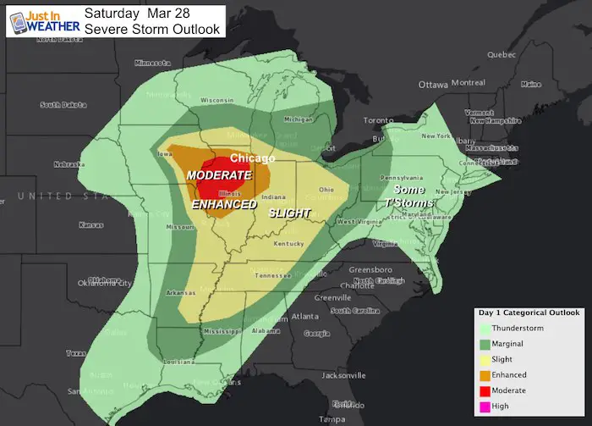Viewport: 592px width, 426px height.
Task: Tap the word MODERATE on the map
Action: tap(219, 174)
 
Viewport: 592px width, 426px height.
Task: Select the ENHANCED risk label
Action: tap(224, 205)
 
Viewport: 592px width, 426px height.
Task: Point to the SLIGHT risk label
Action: tap(290, 213)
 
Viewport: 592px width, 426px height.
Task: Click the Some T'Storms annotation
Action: tap(414, 196)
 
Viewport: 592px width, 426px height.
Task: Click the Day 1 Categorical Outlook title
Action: tap(526, 313)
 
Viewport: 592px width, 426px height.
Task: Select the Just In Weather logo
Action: tap(42, 19)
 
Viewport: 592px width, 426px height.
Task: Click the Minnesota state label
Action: tap(155, 63)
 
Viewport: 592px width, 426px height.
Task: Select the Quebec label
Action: tap(502, 54)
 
